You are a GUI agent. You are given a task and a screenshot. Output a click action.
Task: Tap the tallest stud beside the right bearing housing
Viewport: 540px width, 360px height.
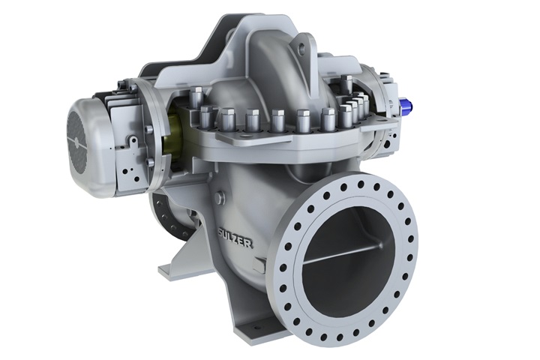346,85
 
